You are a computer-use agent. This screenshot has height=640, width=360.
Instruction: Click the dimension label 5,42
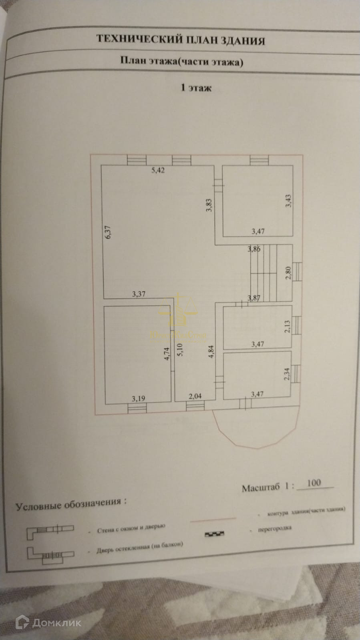click(x=158, y=170)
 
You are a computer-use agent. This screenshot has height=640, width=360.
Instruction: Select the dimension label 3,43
click(x=288, y=201)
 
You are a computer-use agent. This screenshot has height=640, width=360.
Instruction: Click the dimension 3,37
click(x=139, y=294)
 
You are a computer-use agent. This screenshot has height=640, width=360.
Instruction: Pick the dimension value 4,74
click(x=167, y=353)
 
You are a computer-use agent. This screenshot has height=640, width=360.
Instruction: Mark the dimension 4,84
click(x=211, y=353)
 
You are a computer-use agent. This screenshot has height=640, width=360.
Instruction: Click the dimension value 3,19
click(x=139, y=398)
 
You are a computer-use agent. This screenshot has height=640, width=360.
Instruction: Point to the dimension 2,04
click(x=195, y=396)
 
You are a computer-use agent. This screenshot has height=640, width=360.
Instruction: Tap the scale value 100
click(x=314, y=483)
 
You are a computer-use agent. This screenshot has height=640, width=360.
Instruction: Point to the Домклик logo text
click(x=57, y=622)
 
